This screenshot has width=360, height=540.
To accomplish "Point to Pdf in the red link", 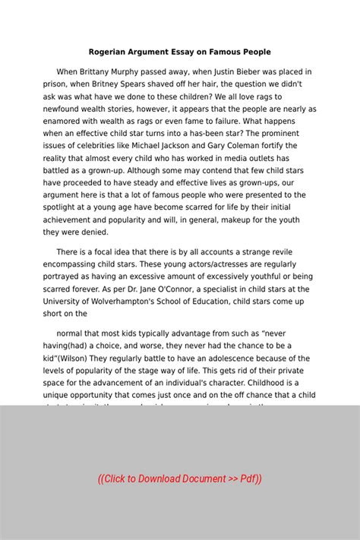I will point(248,478).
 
